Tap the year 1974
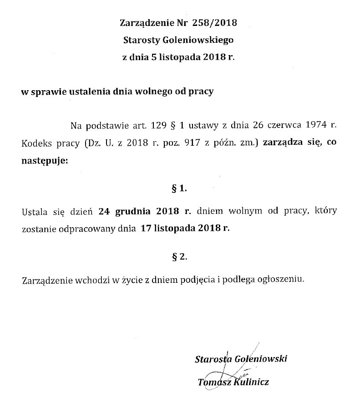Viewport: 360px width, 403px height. [317, 125]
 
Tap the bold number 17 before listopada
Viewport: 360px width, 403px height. [146, 229]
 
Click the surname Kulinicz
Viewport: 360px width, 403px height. [251, 382]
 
